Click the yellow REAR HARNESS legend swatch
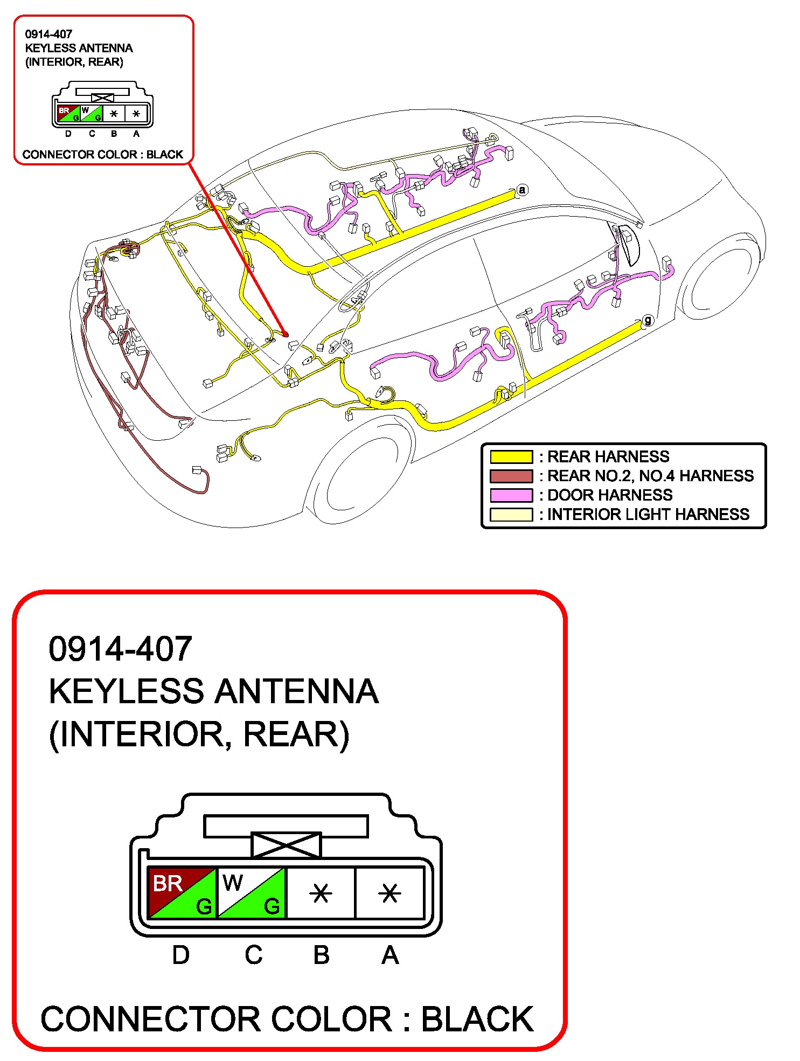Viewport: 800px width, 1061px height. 511,457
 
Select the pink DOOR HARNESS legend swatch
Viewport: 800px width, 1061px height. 511,495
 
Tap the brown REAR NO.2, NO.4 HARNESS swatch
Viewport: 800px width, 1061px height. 511,476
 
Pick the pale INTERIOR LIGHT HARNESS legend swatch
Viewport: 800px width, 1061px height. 511,515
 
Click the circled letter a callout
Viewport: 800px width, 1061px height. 521,190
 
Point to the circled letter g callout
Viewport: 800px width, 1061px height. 648,320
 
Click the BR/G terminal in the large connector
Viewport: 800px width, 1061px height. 182,893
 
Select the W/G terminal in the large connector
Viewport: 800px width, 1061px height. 252,893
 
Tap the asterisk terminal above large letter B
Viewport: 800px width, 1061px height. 321,893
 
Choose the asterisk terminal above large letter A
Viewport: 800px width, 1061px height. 389,893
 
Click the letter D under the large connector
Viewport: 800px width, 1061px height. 181,955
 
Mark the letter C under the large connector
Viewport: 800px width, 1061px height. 253,955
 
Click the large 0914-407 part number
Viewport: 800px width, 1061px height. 120,648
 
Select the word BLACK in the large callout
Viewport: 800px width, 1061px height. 477,1019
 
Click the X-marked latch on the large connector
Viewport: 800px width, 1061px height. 286,845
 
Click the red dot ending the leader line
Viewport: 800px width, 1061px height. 286,335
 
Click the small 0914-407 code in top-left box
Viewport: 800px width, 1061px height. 48,34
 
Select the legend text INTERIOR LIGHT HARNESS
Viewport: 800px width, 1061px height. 648,515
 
